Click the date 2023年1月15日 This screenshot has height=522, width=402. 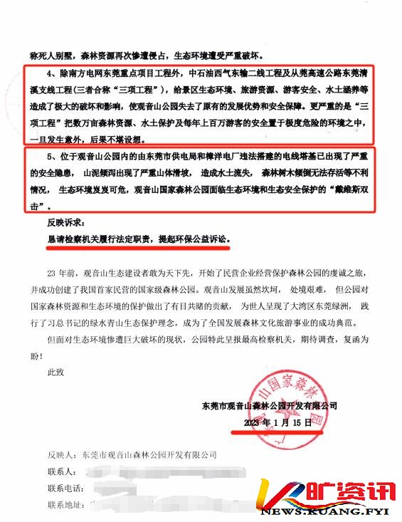[277, 422]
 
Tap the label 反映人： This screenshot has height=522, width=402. [63, 454]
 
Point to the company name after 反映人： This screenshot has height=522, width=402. [149, 454]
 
